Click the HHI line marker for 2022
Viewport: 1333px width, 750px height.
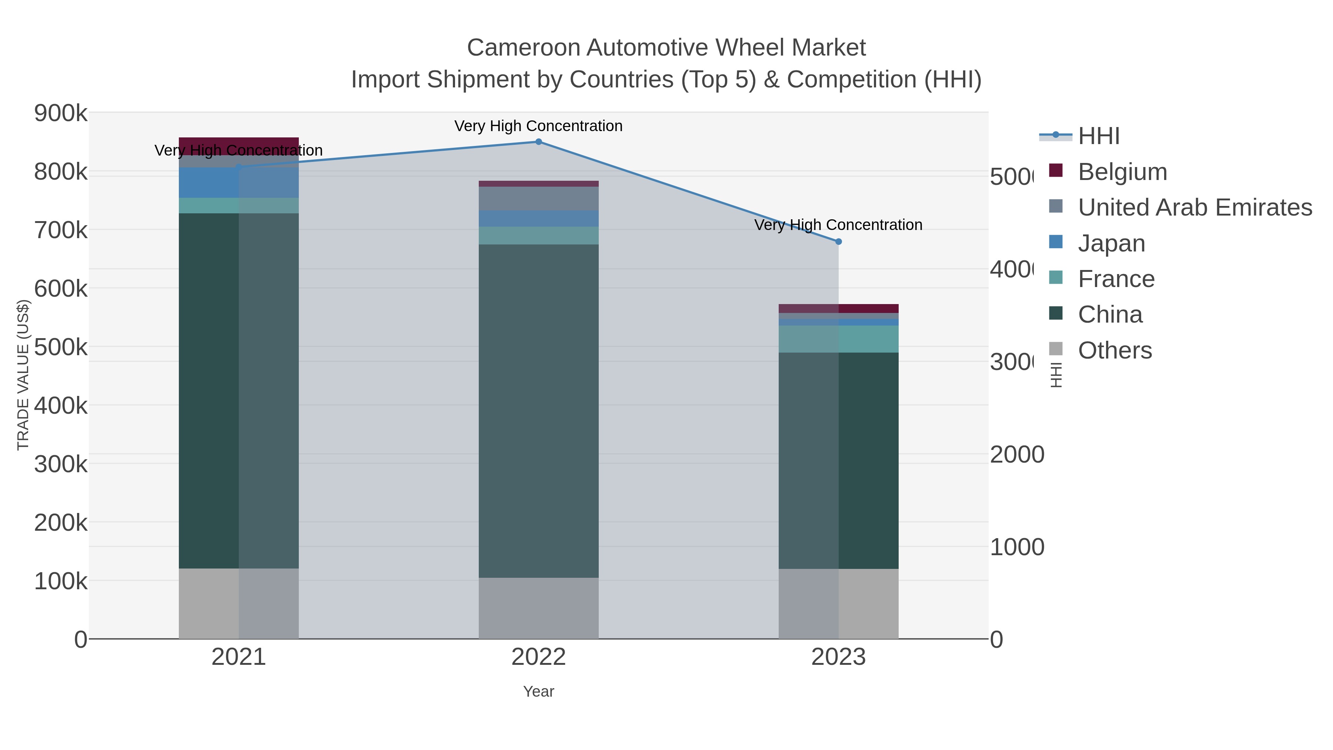click(x=538, y=142)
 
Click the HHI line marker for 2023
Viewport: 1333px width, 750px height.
click(x=838, y=242)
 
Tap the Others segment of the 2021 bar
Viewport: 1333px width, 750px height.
click(x=238, y=604)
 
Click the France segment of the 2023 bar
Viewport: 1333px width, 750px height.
click(x=838, y=339)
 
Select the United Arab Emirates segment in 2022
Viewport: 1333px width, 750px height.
click(x=538, y=199)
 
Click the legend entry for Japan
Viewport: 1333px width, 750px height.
click(x=1111, y=243)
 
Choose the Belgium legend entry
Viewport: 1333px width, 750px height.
click(x=1122, y=172)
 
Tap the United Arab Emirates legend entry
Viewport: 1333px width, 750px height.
click(x=1194, y=207)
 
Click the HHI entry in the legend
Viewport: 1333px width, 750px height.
click(x=1098, y=136)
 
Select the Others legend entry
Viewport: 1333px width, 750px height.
click(x=1115, y=350)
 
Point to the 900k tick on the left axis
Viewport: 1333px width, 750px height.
click(x=61, y=113)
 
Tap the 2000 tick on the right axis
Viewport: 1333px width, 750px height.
click(x=1016, y=455)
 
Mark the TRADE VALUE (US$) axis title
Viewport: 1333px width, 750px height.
click(x=23, y=375)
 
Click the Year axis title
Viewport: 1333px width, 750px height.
click(x=538, y=691)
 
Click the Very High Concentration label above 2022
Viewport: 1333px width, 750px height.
click(x=538, y=126)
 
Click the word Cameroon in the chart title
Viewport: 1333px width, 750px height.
click(x=523, y=48)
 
